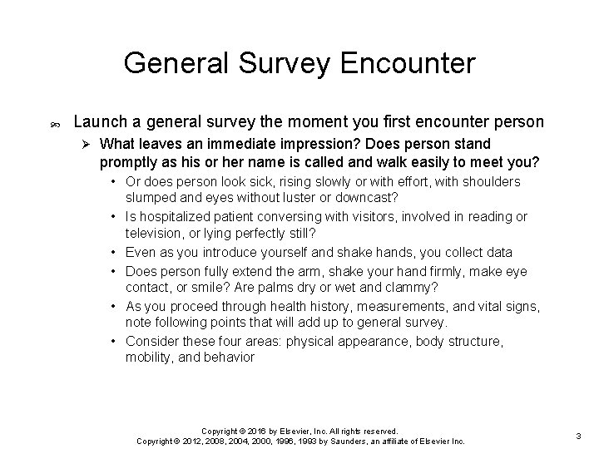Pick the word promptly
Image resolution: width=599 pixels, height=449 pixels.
[131, 160]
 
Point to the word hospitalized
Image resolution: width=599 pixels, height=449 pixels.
[178, 217]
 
